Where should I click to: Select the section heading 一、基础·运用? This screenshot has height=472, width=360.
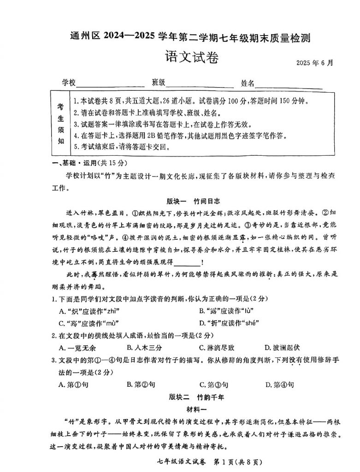(86, 163)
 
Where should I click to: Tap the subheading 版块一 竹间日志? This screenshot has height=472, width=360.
(194, 201)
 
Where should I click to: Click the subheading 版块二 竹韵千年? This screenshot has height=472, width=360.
(194, 397)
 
